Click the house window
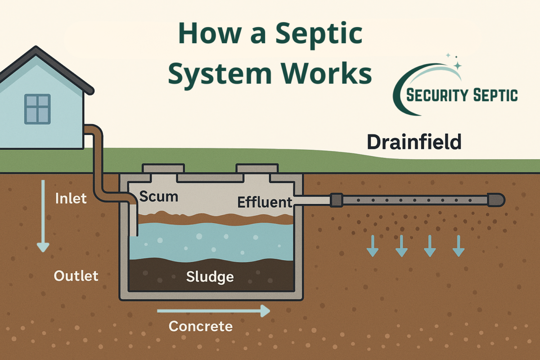37,109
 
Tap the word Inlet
71,198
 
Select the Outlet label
76,275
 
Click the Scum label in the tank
158,196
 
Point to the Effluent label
265,202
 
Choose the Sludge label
210,276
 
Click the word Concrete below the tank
201,326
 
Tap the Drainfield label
414,142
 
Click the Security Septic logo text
462,95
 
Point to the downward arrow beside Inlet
43,216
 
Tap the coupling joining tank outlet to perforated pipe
337,200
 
